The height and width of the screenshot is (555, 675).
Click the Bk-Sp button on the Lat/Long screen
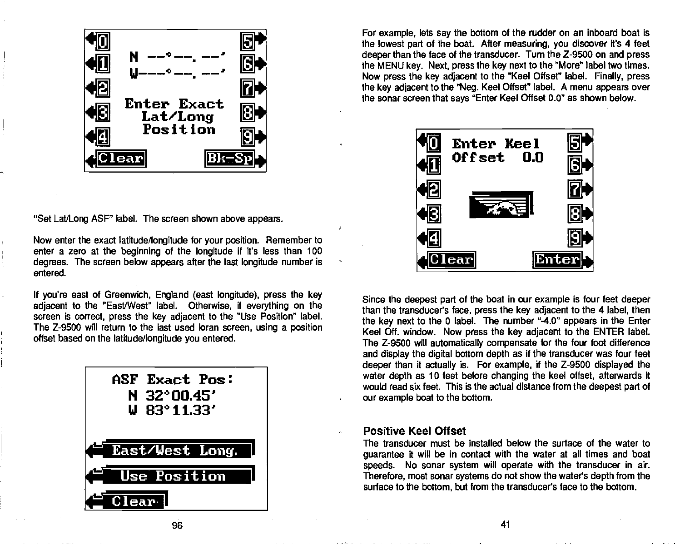coord(229,159)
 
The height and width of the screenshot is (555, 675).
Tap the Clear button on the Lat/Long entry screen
coord(120,159)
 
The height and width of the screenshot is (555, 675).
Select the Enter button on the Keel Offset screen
coord(558,259)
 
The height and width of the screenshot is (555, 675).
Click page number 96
coord(177,525)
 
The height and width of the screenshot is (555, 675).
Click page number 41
coord(505,525)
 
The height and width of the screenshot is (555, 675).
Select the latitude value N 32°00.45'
coord(175,396)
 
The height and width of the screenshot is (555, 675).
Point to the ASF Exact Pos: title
coord(173,379)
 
